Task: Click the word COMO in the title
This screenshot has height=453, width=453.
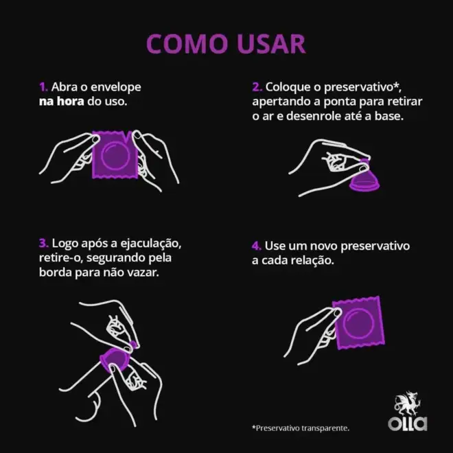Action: [x=187, y=44]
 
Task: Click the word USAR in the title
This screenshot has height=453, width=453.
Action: [x=271, y=44]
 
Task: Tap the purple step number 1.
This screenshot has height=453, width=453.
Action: [x=43, y=87]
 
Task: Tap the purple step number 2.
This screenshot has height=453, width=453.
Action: [x=257, y=87]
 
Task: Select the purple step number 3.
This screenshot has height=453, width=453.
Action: [x=44, y=243]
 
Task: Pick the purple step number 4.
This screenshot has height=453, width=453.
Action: [x=257, y=246]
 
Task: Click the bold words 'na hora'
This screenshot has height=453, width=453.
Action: [x=62, y=102]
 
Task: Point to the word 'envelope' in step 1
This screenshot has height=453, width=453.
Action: [x=116, y=87]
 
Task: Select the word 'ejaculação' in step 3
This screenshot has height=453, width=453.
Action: [x=151, y=244]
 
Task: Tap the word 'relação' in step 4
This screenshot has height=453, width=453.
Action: [x=312, y=261]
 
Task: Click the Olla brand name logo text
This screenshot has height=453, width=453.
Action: [x=407, y=423]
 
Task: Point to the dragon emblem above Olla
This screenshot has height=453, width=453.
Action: [x=407, y=404]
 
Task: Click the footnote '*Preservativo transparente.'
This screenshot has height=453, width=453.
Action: [x=301, y=428]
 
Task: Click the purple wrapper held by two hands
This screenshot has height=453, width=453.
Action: [x=115, y=154]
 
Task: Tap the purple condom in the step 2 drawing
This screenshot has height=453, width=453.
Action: [x=364, y=180]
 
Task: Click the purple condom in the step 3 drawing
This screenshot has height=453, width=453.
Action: [x=115, y=358]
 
